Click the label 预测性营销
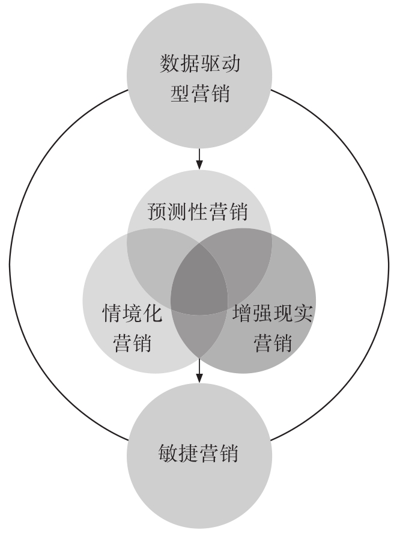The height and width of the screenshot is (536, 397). point(198,212)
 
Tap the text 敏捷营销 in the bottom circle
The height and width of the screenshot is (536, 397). point(198,453)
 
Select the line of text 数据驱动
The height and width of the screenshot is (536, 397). point(200,64)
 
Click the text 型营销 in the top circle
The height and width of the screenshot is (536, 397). point(200,93)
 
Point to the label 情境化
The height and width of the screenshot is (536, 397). point(132,313)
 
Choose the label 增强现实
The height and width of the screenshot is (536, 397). point(272,313)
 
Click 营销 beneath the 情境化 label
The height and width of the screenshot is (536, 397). point(132,343)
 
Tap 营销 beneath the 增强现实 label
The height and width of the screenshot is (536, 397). point(272,343)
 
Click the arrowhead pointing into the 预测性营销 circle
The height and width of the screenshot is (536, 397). point(199,165)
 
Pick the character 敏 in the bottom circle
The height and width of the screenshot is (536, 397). point(168,453)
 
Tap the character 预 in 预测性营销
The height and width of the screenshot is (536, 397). point(157,212)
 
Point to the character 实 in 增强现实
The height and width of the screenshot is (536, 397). point(303,313)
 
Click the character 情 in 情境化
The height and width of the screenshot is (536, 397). point(112,313)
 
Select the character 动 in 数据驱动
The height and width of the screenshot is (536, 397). point(231,64)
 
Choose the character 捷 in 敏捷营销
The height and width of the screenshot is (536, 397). point(189,453)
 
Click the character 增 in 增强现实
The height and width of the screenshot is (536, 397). point(242,313)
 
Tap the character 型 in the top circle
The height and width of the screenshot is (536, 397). point(180,93)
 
